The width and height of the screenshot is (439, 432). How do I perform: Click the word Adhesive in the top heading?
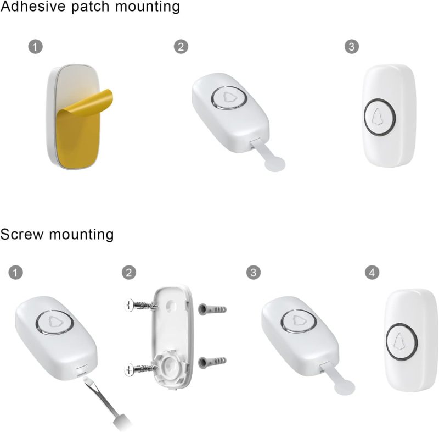[x=33, y=6]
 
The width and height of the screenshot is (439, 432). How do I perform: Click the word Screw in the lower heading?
[x=22, y=234]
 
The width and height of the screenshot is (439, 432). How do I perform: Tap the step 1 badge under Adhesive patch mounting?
[x=36, y=47]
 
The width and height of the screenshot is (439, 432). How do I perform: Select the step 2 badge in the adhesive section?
[x=181, y=47]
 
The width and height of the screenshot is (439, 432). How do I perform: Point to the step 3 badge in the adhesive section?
[x=352, y=47]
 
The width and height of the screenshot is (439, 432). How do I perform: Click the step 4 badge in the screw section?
[x=372, y=273]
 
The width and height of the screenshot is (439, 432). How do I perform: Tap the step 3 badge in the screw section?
[x=254, y=273]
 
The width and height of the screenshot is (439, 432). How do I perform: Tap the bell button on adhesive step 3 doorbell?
[x=380, y=117]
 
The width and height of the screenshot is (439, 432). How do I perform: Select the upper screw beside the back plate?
[x=140, y=305]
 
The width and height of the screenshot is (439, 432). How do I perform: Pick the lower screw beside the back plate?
[x=140, y=369]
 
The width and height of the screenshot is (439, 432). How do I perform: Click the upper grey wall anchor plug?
[x=212, y=309]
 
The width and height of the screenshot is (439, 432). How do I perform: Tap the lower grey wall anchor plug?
[x=212, y=362]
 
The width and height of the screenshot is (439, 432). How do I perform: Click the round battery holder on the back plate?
[x=171, y=365]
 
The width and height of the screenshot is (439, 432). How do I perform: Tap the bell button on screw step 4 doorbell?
[x=402, y=342]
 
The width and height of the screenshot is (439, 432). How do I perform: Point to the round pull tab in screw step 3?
[x=345, y=387]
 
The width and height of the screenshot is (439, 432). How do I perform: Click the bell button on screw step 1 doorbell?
[x=54, y=323]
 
